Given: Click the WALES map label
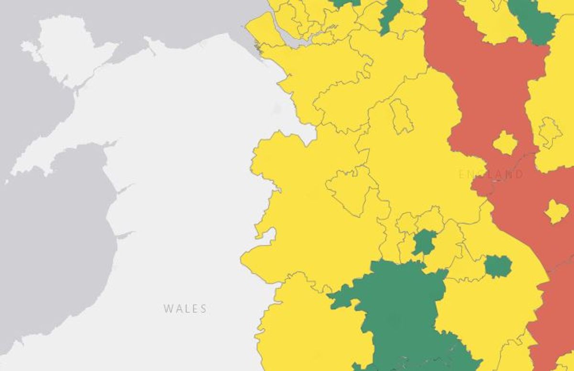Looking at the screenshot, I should tap(185, 309).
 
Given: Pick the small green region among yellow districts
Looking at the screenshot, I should tap(424, 242).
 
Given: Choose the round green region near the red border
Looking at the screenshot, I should tap(498, 266).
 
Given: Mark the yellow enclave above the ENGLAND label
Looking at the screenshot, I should tap(505, 143).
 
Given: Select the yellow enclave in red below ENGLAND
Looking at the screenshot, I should tap(556, 211).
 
